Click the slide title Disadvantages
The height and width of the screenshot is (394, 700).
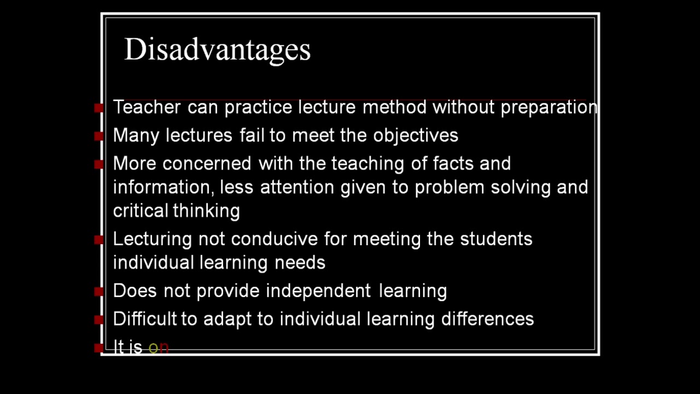(217, 49)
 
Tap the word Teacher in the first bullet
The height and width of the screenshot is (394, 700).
(147, 107)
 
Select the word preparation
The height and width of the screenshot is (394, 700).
(549, 107)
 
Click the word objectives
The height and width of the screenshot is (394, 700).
(416, 135)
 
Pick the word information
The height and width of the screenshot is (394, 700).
(162, 187)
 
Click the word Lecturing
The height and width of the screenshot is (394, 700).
(152, 239)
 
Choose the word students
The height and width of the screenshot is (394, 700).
(496, 239)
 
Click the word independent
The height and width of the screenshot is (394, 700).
(318, 291)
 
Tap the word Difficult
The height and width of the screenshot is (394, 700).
(145, 318)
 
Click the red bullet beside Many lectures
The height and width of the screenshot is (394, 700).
(99, 136)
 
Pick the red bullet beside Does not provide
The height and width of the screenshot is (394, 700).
(99, 291)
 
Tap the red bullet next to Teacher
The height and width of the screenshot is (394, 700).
(99, 108)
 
